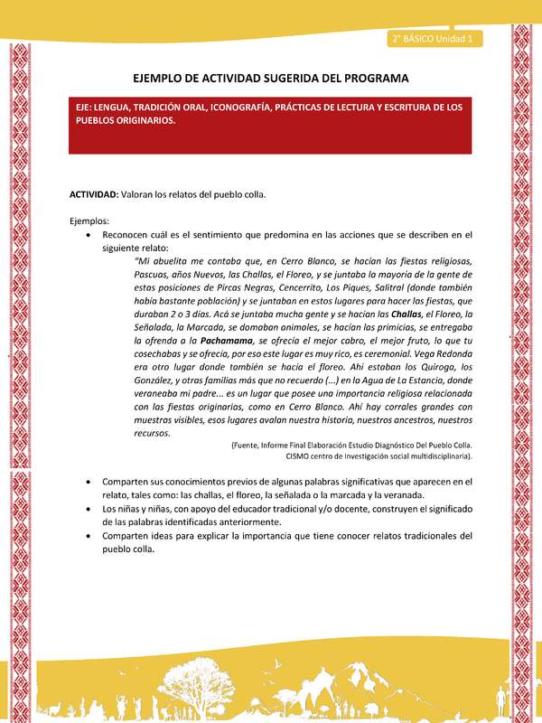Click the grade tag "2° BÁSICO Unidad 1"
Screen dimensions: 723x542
pos(435,39)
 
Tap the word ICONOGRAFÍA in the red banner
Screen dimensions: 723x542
pos(263,107)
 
